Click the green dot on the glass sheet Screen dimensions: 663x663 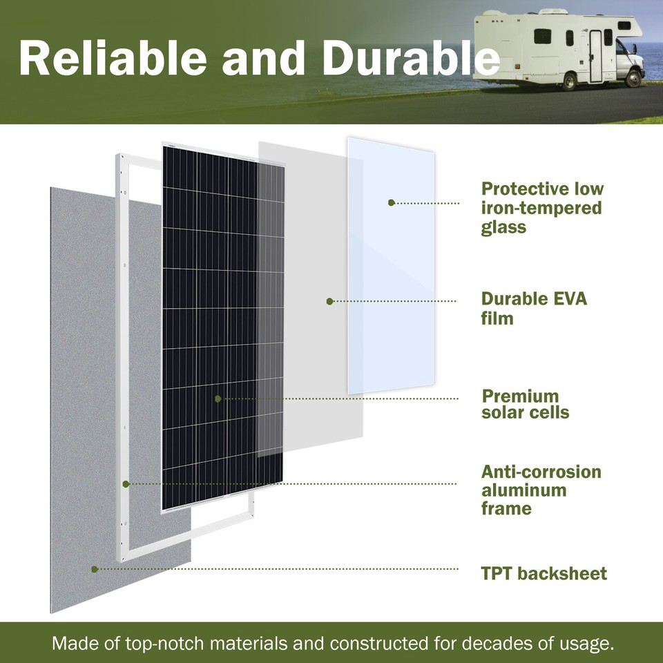391,203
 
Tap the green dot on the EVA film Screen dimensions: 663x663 329,301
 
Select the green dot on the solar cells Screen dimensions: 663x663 218,398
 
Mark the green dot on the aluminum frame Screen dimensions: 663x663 126,484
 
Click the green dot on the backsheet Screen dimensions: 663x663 95,569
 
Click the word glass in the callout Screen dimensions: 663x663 503,227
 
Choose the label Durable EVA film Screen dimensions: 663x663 534,309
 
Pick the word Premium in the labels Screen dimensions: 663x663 520,396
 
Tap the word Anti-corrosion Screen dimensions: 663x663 541,472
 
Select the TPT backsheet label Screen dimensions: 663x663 544,573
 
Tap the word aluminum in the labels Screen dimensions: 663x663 523,490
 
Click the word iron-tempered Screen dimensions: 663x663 541,208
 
